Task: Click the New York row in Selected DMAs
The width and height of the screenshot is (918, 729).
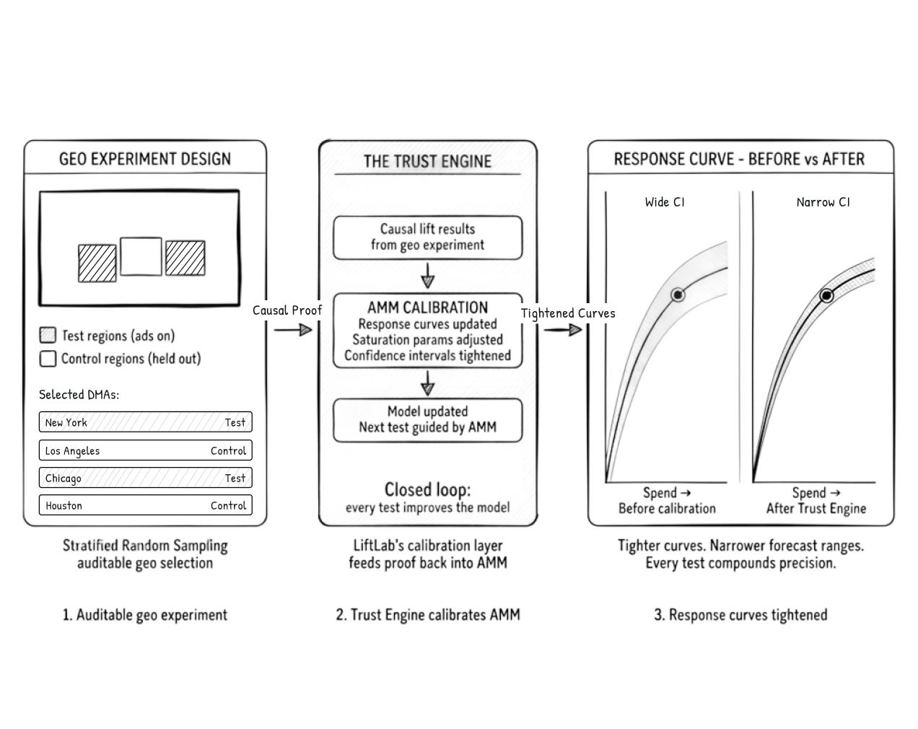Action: click(x=145, y=422)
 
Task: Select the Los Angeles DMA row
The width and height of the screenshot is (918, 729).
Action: click(x=145, y=450)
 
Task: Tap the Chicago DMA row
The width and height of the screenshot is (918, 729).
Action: click(x=145, y=478)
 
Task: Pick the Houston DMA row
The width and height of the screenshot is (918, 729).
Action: click(x=145, y=505)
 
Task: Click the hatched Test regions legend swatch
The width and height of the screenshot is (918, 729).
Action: click(x=48, y=335)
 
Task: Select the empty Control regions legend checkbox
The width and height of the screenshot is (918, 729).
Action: click(x=48, y=359)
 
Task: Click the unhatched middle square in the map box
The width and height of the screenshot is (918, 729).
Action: click(x=141, y=256)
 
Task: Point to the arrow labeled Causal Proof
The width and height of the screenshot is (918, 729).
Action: click(x=293, y=330)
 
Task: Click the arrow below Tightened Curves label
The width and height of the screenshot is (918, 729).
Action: click(x=563, y=330)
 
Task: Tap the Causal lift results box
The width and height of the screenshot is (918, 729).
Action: click(x=427, y=237)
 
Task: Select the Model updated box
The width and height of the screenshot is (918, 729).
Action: click(x=427, y=420)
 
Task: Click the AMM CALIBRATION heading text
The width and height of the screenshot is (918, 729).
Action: click(x=427, y=307)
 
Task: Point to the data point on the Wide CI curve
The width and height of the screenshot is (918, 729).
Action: click(x=678, y=294)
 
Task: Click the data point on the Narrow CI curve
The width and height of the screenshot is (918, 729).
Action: click(x=826, y=295)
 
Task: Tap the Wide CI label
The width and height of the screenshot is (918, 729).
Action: click(x=665, y=202)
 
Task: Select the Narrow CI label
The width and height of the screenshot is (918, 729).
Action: click(x=823, y=202)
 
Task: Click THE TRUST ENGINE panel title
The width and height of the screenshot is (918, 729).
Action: click(x=427, y=161)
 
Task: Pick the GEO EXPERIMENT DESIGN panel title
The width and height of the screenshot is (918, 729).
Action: click(x=145, y=159)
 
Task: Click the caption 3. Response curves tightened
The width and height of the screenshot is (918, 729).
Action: click(x=740, y=615)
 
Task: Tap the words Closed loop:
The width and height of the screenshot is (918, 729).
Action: click(x=427, y=490)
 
